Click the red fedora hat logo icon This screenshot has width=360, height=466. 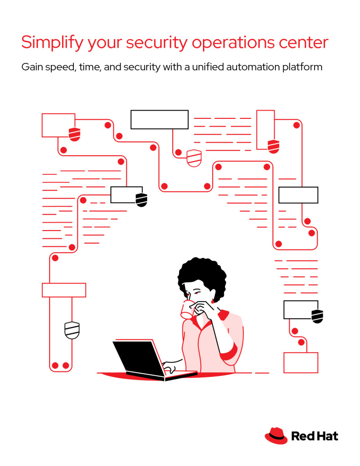pyautogui.click(x=276, y=435)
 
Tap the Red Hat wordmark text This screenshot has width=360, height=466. pyautogui.click(x=315, y=436)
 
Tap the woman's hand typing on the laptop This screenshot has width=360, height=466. pyautogui.click(x=170, y=366)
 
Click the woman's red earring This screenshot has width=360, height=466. pyautogui.click(x=212, y=300)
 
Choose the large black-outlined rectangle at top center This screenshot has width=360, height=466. pyautogui.click(x=159, y=119)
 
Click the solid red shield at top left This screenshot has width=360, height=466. pyautogui.click(x=74, y=134)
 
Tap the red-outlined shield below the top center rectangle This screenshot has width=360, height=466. pyautogui.click(x=193, y=158)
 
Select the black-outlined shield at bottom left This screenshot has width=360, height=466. pyautogui.click(x=72, y=330)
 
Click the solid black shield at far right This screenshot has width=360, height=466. pyautogui.click(x=317, y=316)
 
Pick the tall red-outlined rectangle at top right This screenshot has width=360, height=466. pyautogui.click(x=265, y=129)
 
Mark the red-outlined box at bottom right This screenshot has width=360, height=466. pyautogui.click(x=301, y=362)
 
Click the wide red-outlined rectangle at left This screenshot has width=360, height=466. pyautogui.click(x=64, y=290)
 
